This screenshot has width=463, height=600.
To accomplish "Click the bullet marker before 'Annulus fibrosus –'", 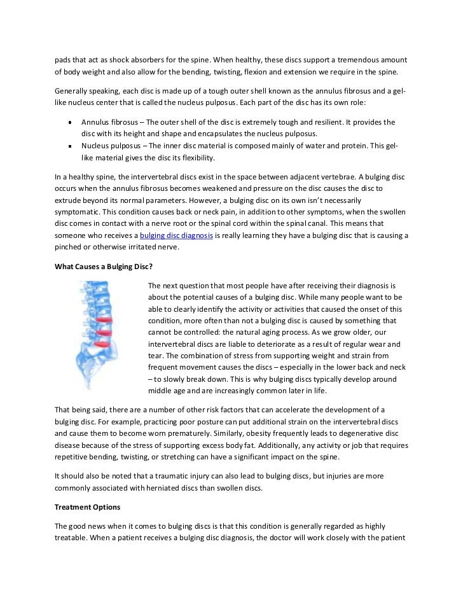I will pos(69,122).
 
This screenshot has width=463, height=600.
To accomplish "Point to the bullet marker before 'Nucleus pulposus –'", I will pos(69,146).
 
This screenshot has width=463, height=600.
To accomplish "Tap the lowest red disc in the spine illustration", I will pos(102,345).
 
